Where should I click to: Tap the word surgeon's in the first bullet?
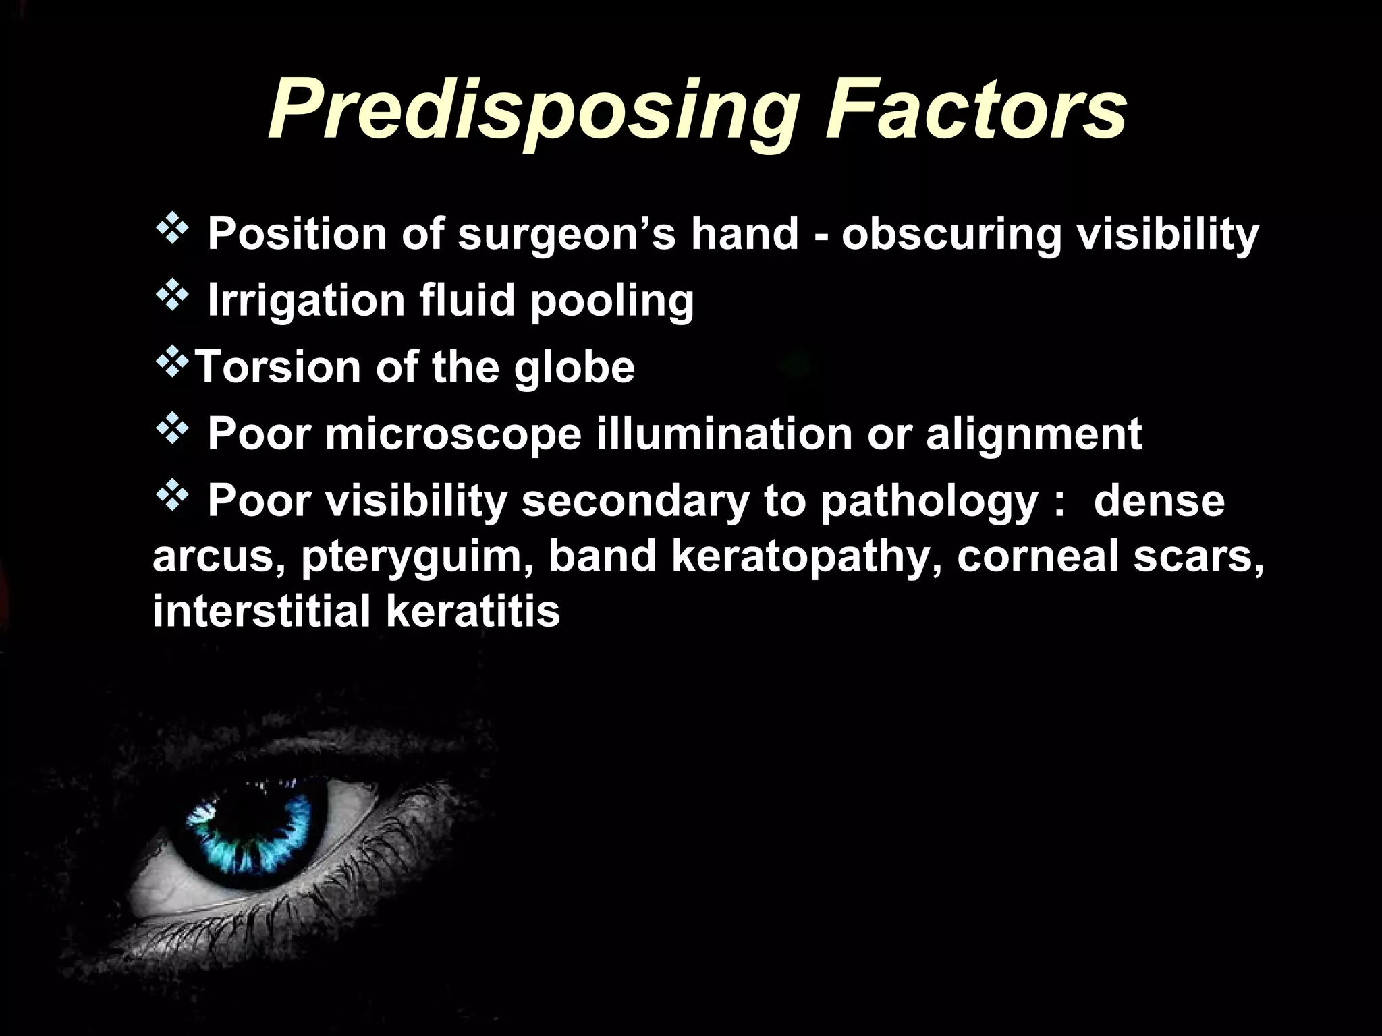tap(567, 234)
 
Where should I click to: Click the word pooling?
tap(611, 302)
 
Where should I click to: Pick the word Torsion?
tap(277, 367)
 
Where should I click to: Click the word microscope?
tap(453, 434)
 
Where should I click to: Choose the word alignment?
tap(1034, 434)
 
